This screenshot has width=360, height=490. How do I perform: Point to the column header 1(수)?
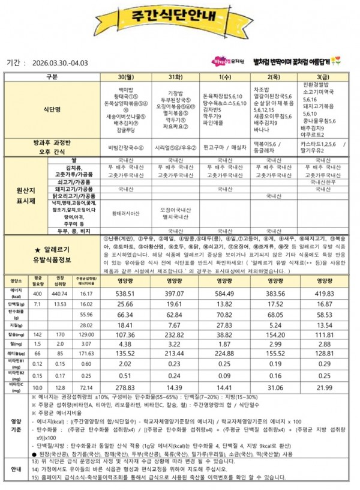222,77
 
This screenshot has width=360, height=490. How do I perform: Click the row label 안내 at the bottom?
16,470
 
